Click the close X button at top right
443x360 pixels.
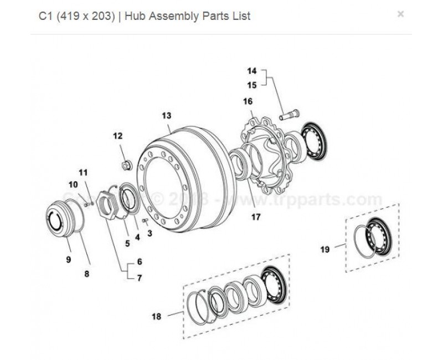pyautogui.click(x=400, y=14)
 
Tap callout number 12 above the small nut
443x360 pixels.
pyautogui.click(x=117, y=136)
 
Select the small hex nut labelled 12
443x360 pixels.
pyautogui.click(x=126, y=164)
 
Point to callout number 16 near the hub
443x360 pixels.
pyautogui.click(x=248, y=101)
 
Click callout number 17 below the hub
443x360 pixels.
pyautogui.click(x=255, y=217)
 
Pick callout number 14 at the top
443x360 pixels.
pyautogui.click(x=252, y=71)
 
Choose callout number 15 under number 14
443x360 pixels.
pyautogui.click(x=252, y=85)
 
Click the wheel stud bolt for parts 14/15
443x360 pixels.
pyautogui.click(x=288, y=116)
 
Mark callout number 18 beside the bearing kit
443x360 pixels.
pyautogui.click(x=156, y=316)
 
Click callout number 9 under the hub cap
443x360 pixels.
pyautogui.click(x=69, y=259)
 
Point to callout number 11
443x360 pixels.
pyautogui.click(x=83, y=173)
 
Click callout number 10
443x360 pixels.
pyautogui.click(x=73, y=184)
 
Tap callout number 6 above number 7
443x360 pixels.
pyautogui.click(x=140, y=261)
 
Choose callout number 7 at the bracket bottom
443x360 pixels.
pyautogui.click(x=140, y=277)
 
